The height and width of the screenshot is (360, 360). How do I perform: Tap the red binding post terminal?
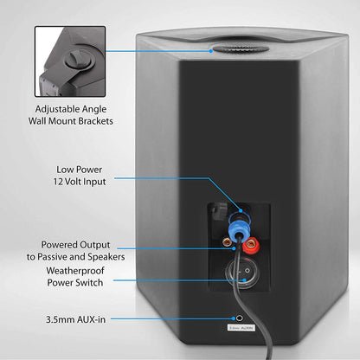pyautogui.click(x=254, y=251)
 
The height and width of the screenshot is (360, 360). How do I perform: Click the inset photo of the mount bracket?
pyautogui.click(x=70, y=61)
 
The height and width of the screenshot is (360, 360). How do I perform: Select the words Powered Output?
pyautogui.click(x=69, y=244)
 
